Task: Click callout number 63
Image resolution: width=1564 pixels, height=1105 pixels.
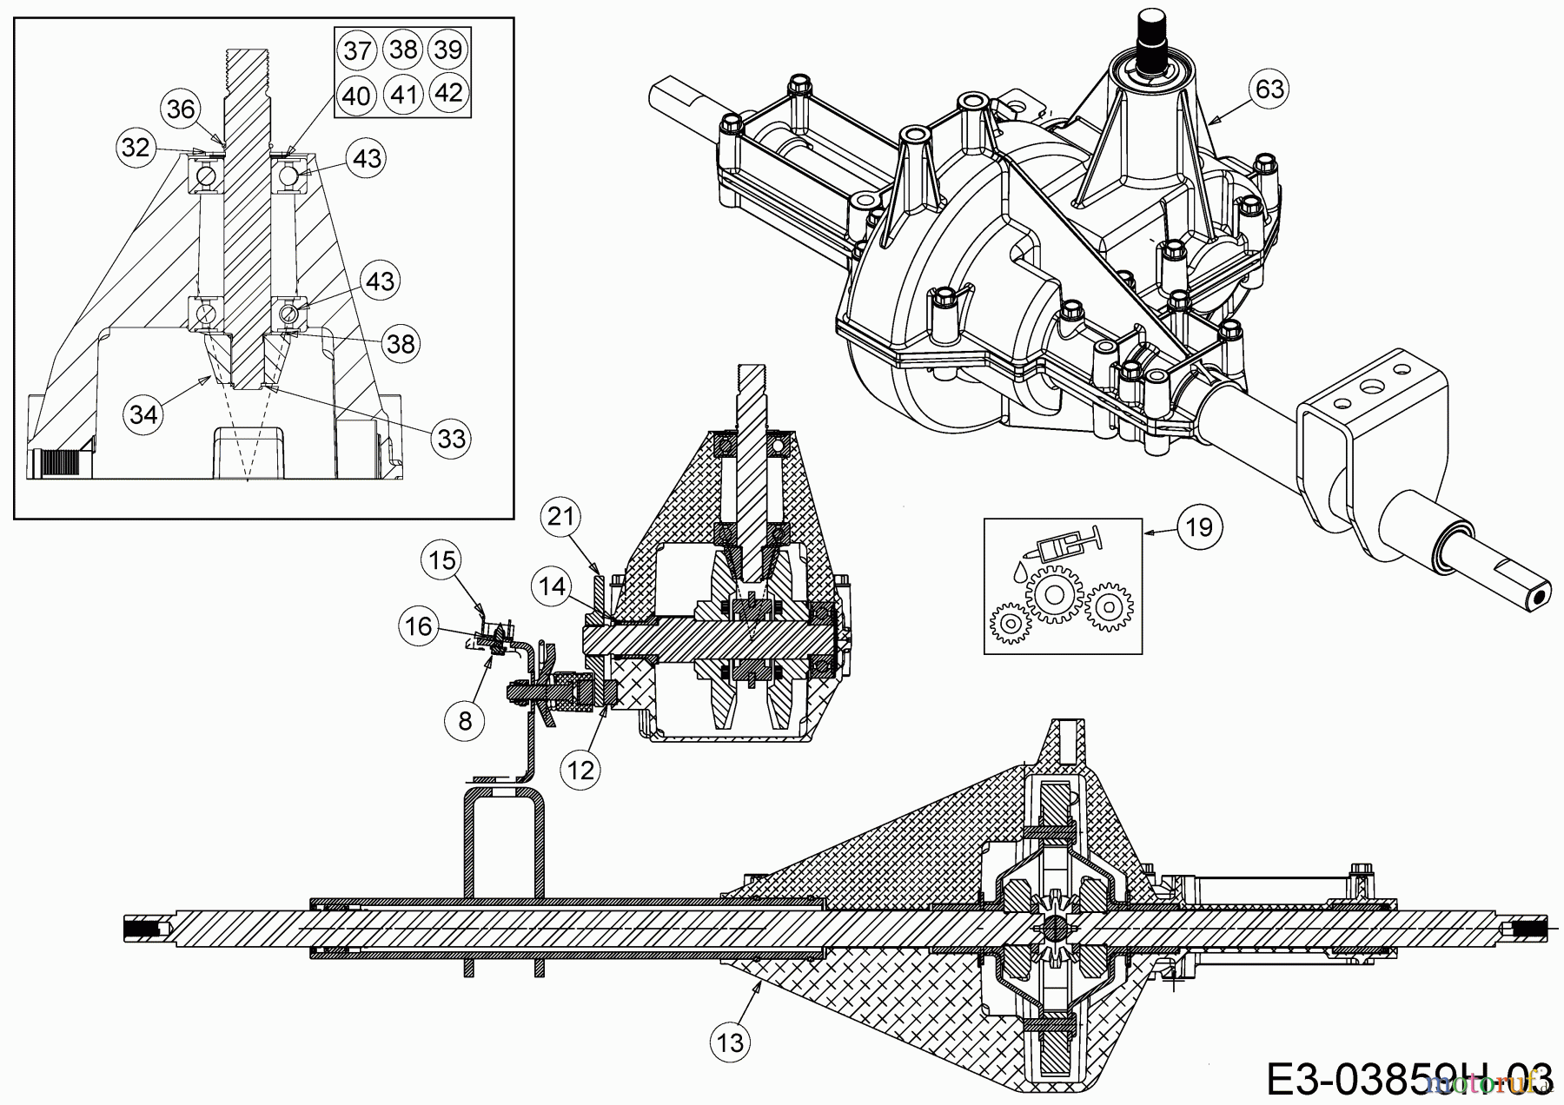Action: pos(1269,89)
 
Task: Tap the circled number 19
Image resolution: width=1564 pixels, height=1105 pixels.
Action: pos(1199,526)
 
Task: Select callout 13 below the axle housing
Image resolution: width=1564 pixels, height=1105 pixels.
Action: pos(731,1042)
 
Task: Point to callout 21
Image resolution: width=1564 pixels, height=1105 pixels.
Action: pos(560,518)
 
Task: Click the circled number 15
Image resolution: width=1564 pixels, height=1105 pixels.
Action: pos(442,560)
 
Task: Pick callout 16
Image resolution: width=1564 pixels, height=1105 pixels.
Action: pos(419,625)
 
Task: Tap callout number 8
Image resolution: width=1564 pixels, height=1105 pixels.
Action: pos(466,720)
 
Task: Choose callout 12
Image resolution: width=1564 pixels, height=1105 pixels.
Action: pos(580,769)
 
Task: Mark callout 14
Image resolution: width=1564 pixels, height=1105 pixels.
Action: pos(552,586)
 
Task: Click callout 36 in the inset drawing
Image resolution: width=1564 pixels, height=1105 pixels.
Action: pos(181,109)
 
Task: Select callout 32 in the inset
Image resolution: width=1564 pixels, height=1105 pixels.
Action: pos(136,148)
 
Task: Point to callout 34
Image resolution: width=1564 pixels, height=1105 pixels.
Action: pos(143,414)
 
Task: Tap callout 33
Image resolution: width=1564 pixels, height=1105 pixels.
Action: pos(451,438)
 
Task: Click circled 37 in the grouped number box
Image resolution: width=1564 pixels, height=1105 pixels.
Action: pos(357,50)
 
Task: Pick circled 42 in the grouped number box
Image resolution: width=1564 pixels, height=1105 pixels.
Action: pos(448,92)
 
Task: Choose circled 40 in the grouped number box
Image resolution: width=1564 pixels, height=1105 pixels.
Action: pos(356,94)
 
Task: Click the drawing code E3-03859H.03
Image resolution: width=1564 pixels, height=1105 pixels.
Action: pos(1408,1075)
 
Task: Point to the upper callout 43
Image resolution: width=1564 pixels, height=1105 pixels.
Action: pos(367,158)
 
